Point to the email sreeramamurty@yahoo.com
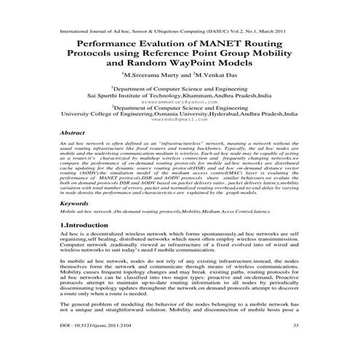[180, 103]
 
